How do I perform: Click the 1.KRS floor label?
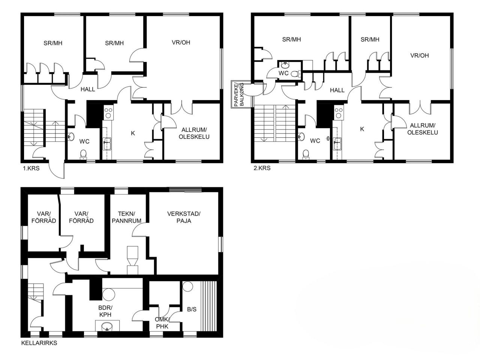tap(31, 168)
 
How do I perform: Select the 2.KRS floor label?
tap(262, 168)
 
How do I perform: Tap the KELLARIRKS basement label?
tap(39, 343)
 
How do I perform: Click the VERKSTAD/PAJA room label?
tap(184, 217)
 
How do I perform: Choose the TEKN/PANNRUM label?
tap(126, 217)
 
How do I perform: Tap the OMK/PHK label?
tap(162, 323)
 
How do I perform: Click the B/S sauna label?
tap(192, 309)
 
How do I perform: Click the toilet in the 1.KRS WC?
tap(83, 154)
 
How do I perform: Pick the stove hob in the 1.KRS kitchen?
tap(108, 113)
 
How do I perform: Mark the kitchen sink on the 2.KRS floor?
tap(337, 143)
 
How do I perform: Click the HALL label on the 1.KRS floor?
tap(88, 89)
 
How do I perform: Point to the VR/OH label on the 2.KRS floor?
tap(419, 55)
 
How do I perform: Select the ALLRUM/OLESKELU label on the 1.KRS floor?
tap(194, 133)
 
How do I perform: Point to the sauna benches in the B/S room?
tap(209, 306)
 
